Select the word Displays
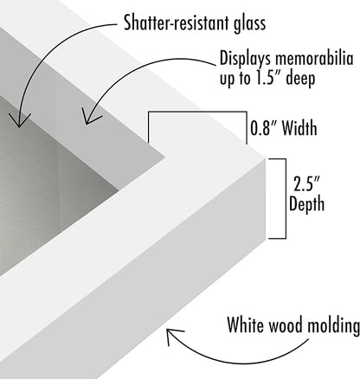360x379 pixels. coord(246,60)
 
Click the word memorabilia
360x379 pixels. coord(314,58)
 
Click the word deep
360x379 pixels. coord(300,79)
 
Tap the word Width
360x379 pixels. coord(299,128)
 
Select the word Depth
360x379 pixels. coord(306,204)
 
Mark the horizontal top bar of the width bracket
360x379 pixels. coord(197,112)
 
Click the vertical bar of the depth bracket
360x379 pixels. coord(286,199)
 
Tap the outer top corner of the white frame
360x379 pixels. coord(265,158)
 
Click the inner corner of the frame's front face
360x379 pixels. coord(165,157)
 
